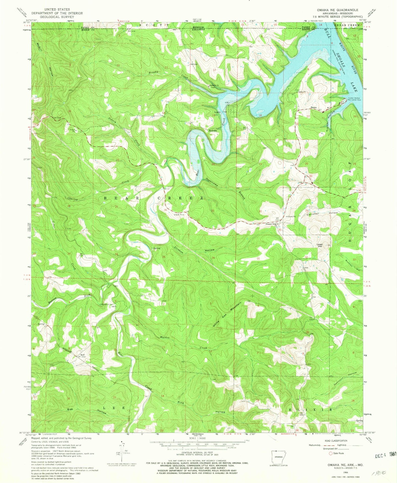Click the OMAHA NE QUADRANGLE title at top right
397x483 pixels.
point(337,10)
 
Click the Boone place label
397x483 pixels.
point(313,107)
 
